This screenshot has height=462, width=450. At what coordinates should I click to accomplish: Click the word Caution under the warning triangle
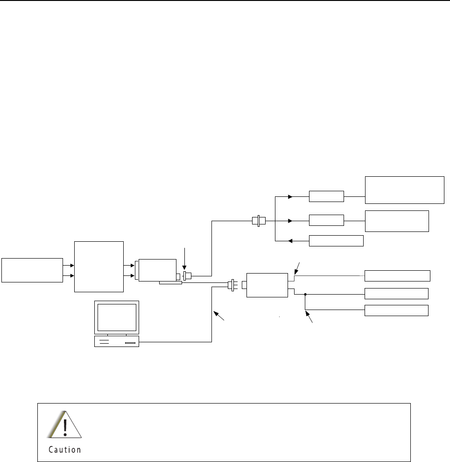pos(65,450)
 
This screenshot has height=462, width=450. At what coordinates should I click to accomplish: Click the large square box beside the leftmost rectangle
pos(99,267)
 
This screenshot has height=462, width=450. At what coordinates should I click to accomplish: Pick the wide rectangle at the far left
pos(32,270)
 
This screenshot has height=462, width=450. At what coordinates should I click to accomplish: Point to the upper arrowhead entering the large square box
pos(72,265)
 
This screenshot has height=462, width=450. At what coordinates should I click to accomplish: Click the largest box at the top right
pos(404,190)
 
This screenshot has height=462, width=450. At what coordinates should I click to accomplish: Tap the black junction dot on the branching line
pos(305,295)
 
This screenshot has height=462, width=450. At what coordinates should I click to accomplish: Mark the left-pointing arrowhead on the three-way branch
pos(290,241)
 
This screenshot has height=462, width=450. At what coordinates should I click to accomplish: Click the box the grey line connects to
pos(397,276)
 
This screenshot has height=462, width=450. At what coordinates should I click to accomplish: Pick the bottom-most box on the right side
pos(396,310)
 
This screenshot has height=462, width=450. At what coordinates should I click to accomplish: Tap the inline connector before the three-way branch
pos(258,221)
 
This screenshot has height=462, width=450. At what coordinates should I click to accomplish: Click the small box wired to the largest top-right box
pos(326,196)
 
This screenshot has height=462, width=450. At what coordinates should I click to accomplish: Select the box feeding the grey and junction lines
pos(267,285)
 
